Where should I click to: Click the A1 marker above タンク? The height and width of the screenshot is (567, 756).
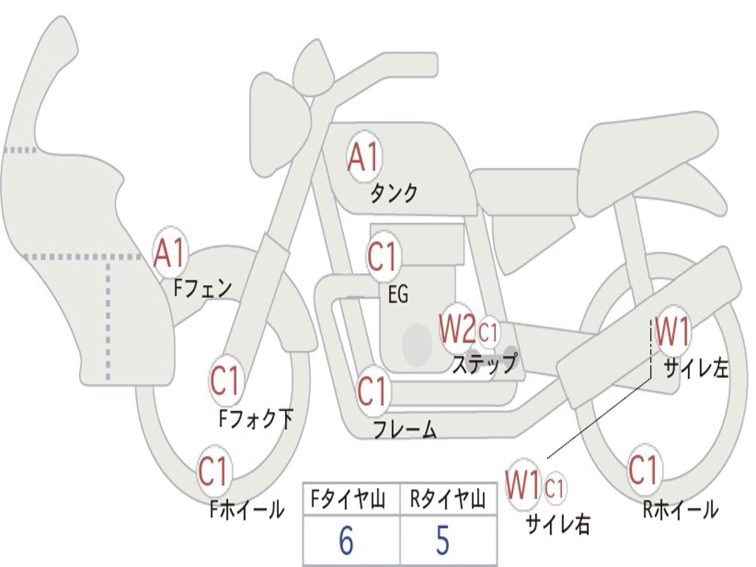pos(363,157)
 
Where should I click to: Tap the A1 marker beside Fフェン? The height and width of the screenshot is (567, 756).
pos(171,253)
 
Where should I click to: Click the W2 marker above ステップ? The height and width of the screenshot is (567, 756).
pos(457,329)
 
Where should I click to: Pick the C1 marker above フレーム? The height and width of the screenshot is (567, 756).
pos(373,391)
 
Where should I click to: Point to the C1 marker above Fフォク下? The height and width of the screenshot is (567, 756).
pos(225,382)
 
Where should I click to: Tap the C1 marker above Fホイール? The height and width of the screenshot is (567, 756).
pos(214,472)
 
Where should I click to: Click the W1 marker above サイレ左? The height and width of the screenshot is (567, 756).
pos(673,331)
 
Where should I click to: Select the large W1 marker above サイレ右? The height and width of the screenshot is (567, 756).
pos(523,485)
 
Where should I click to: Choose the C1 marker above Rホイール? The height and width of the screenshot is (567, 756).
pos(644,469)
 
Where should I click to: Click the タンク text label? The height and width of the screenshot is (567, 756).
pos(394,193)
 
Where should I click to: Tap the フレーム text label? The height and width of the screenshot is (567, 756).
pos(405,429)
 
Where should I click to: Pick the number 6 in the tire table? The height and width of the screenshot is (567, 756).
pos(346,541)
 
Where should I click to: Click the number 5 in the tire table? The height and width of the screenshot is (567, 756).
pos(442,541)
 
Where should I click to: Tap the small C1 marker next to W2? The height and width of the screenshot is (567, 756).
pos(489,332)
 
